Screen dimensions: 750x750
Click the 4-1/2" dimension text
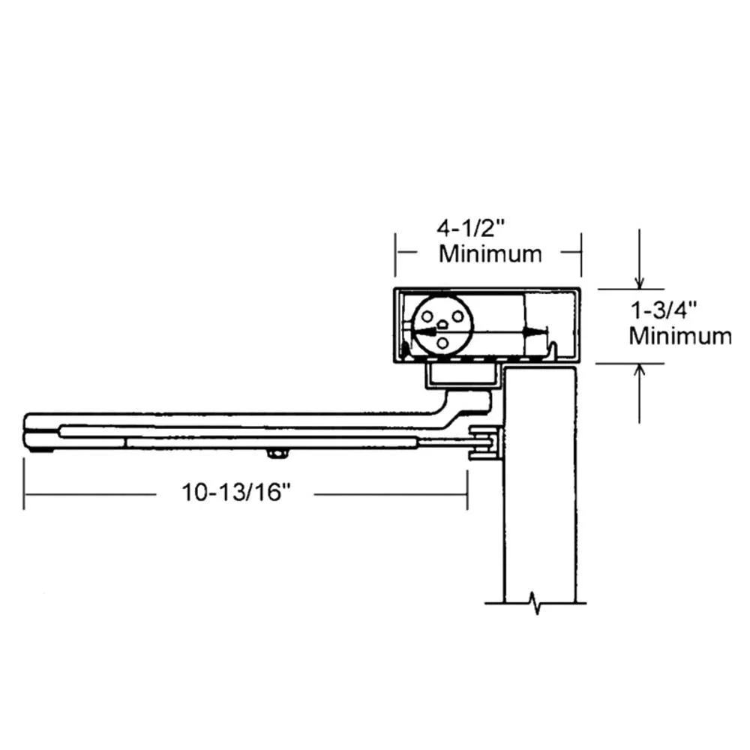coord(471,228)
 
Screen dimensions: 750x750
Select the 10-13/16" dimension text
coord(236,492)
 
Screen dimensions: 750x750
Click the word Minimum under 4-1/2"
coord(490,254)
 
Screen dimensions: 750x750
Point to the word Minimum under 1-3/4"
coord(680,336)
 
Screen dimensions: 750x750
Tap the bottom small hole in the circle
coord(443,343)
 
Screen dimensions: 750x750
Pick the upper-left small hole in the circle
coord(427,316)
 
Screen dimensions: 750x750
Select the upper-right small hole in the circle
coord(457,316)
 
